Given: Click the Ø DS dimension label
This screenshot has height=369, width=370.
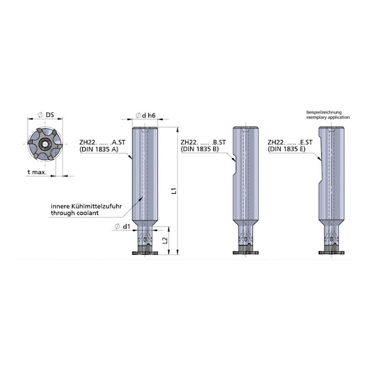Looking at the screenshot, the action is tap(46, 115).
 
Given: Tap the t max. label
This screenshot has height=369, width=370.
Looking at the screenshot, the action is tap(37, 172).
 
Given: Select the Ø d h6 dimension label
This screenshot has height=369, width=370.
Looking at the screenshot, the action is tap(146, 116).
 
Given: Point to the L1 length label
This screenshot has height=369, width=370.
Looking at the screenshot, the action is tap(174, 191).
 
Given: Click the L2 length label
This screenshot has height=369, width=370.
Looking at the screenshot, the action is tap(165, 240).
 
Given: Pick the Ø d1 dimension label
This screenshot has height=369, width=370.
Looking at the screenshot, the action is tap(123, 227).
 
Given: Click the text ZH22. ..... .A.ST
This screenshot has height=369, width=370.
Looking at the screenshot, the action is tap(102, 142).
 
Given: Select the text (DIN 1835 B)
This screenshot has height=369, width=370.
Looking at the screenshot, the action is tap(200, 149).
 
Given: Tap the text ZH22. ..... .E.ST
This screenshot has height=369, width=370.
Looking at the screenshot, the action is tap(290, 142).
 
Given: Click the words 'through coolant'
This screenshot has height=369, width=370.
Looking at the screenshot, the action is tap(75, 213).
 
